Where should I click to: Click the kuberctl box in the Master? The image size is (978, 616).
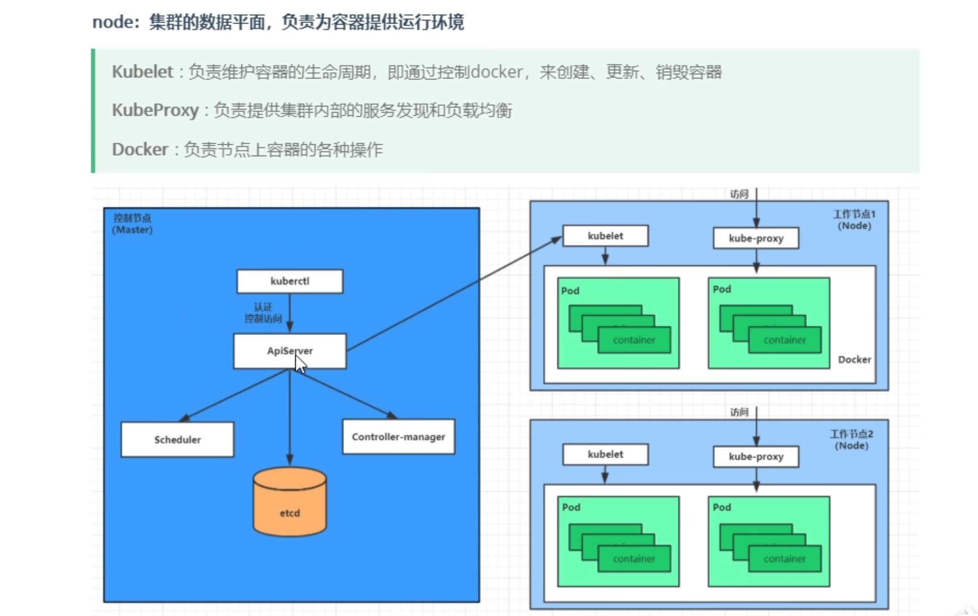coord(289,282)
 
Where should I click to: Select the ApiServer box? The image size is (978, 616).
coord(275,351)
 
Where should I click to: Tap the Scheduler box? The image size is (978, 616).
coord(177,439)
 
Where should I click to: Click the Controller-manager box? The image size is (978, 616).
coord(398,436)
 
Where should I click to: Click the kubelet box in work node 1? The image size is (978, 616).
coord(605,236)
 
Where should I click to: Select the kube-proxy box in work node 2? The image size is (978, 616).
coord(756,457)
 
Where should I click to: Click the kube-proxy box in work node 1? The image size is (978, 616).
coord(756,238)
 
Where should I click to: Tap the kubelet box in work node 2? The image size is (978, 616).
coord(605,454)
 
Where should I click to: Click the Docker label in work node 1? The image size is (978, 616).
coord(854,359)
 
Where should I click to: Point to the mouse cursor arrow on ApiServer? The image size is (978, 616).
coord(300,364)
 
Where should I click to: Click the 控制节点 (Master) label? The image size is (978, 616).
coord(132,224)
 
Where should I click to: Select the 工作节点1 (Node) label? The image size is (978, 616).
coord(854,220)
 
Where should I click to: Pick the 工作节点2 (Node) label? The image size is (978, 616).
coord(851,439)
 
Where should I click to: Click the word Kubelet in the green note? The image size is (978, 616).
coord(142,72)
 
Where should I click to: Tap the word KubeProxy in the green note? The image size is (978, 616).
coord(155,110)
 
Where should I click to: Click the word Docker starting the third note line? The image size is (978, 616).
coord(140,149)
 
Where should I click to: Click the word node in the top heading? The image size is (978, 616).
coord(112,22)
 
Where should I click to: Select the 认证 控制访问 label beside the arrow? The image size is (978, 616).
coord(263,313)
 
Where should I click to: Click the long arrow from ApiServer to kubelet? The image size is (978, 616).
coord(454,294)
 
